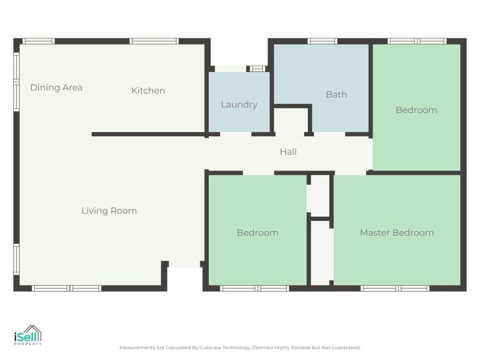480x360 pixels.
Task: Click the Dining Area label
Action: tap(56, 88)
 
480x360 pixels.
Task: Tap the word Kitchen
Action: tap(148, 91)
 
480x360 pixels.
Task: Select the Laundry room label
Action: tap(239, 104)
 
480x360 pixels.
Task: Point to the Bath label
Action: tap(336, 94)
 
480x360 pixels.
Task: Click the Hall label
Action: tap(288, 152)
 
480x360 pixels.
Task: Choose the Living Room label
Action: tap(109, 211)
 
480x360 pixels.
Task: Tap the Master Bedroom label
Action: tap(397, 232)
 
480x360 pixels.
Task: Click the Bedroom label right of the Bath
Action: tap(416, 110)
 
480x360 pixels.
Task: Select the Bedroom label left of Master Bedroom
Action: tap(257, 232)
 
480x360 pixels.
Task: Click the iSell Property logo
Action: tap(28, 335)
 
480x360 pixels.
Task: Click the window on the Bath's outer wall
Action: tap(322, 41)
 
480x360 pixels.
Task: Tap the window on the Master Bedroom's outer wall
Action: tap(395, 289)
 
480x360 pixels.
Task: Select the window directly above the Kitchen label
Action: tap(154, 41)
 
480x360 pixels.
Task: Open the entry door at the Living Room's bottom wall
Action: tap(184, 264)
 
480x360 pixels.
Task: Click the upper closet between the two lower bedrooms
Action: tap(320, 196)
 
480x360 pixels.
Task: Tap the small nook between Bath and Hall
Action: tap(291, 121)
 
